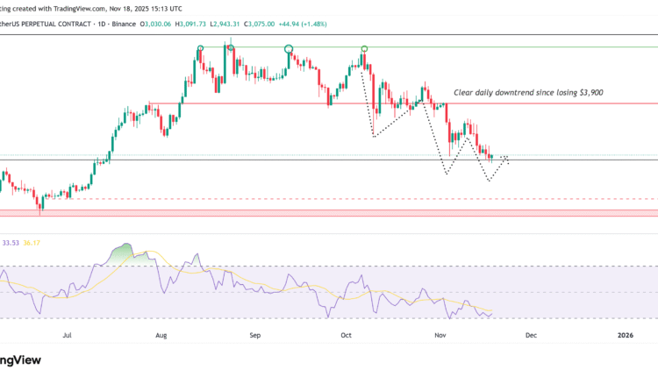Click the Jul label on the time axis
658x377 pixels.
[68, 335]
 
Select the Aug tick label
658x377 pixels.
[161, 335]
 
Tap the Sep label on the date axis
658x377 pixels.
[254, 335]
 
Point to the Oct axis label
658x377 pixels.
[346, 335]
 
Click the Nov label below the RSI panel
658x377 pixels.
[440, 335]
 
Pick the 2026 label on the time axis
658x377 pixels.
[625, 335]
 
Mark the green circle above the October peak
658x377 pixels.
[364, 48]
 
